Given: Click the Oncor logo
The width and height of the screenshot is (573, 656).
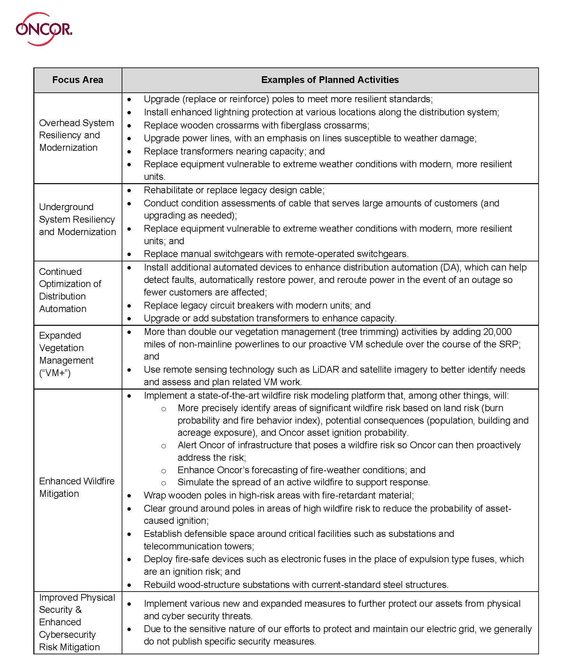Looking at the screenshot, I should click(44, 29).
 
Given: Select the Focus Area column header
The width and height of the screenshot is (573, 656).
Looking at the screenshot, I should click(78, 80).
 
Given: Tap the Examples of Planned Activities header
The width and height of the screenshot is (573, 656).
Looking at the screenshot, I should click(330, 80).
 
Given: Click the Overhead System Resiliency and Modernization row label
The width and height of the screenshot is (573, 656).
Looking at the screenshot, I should click(77, 135).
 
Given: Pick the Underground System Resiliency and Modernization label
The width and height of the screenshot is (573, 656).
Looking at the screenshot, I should click(77, 220).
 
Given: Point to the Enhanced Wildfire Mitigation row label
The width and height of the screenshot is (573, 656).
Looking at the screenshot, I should click(77, 487).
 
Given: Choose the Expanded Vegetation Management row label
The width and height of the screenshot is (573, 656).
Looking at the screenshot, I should click(66, 354).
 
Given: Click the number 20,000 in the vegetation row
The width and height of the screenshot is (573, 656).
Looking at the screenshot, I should click(497, 332).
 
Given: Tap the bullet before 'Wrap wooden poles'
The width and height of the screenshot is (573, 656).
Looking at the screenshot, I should click(129, 496).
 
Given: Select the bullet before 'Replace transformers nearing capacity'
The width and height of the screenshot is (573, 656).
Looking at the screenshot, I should click(129, 152).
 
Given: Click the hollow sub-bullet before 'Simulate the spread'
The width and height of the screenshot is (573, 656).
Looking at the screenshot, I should click(163, 483).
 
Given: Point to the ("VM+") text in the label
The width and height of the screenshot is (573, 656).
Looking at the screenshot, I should click(55, 373).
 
